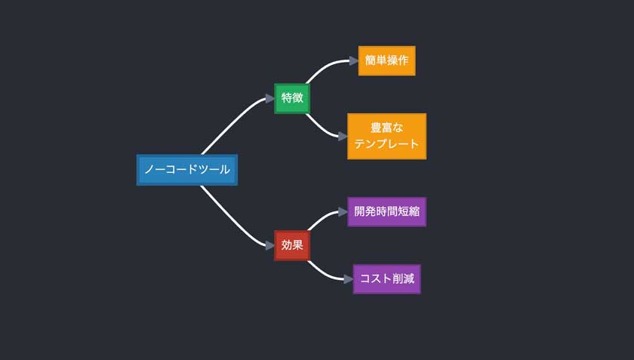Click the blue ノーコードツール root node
[187, 170]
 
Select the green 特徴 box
[292, 98]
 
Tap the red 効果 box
[292, 245]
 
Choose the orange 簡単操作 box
[386, 60]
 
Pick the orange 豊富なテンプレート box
[386, 136]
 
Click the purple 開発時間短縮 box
[386, 211]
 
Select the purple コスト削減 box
[386, 278]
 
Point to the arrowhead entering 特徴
[269, 98]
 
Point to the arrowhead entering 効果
[269, 245]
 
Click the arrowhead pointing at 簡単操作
[353, 60]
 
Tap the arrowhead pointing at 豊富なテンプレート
[343, 137]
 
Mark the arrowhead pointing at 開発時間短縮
[343, 211]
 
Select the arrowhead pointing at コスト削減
[348, 278]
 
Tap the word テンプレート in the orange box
[386, 143]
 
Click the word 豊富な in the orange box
[386, 128]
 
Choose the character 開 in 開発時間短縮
[361, 211]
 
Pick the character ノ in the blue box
[149, 170]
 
